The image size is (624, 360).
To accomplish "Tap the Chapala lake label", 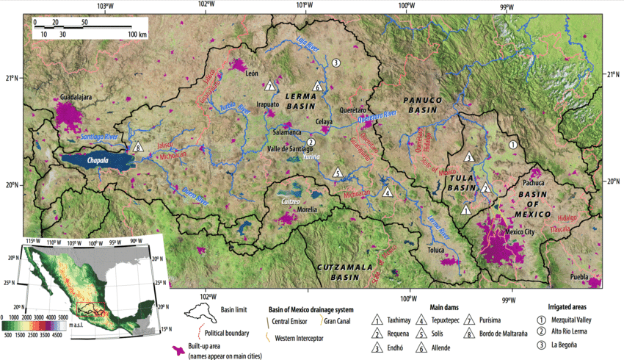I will point(95,159).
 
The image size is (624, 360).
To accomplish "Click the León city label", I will point(253,73).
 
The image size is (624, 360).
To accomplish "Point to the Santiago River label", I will point(97,138).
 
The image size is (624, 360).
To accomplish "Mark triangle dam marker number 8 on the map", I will point(139,148).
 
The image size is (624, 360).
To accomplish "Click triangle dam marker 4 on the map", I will point(388,192).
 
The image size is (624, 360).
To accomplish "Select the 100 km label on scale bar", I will point(137,34).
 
